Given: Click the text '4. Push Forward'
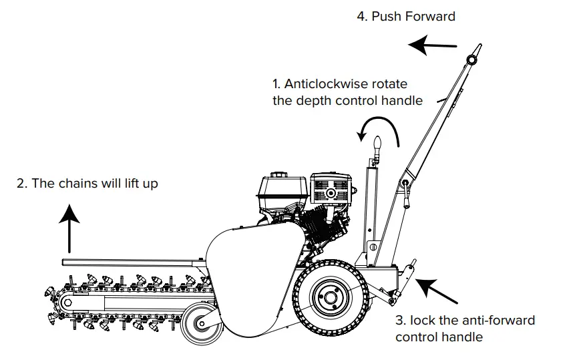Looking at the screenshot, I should [406, 16].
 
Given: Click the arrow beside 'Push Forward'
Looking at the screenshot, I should [432, 45].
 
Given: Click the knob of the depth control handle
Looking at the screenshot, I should [376, 143].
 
